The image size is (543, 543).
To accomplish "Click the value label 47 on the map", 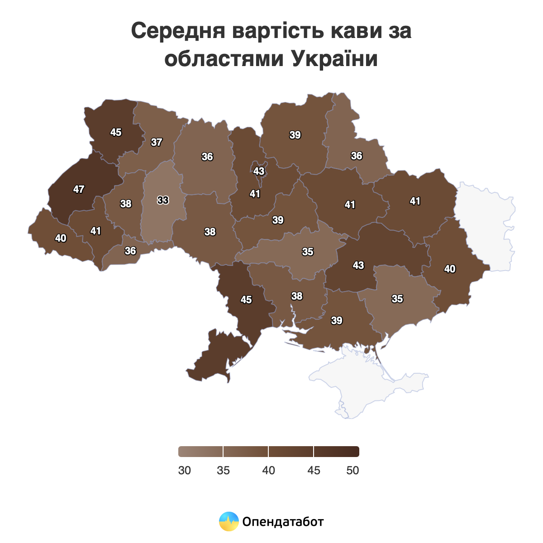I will tap(79, 190).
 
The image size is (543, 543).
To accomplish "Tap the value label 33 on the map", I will tap(163, 200).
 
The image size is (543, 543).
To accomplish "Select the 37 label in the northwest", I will tap(157, 143).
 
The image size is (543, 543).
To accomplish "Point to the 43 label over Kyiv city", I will tap(259, 171).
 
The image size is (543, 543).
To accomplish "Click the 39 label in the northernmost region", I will tap(295, 135).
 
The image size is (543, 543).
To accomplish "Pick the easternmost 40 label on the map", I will tap(450, 269).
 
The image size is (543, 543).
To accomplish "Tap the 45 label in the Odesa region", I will tap(246, 300).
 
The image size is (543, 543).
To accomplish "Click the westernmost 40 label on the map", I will tap(61, 238).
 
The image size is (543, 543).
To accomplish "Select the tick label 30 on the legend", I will tap(185, 471).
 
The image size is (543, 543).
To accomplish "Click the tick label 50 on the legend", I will tap(352, 471).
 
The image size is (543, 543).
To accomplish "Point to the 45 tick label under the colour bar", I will tap(314, 471).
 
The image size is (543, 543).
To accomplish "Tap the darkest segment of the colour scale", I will tap(337, 452).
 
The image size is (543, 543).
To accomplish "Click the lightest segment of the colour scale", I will tap(201, 452).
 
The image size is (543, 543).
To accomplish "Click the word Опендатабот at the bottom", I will tap(283, 522).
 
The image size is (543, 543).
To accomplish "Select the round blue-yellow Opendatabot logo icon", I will tap(229, 521).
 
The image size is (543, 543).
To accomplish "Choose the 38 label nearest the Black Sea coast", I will tap(297, 296).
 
